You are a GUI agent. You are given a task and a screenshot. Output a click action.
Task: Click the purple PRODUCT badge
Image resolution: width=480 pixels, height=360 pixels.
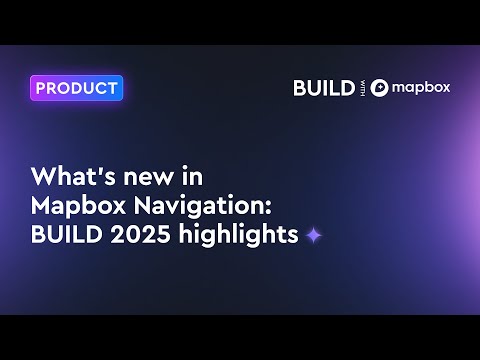click(x=76, y=88)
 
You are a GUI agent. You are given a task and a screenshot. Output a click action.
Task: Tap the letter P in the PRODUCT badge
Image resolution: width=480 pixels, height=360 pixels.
click(x=42, y=88)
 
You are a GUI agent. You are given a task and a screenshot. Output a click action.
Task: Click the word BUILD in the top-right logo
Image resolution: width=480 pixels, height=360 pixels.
click(x=323, y=88)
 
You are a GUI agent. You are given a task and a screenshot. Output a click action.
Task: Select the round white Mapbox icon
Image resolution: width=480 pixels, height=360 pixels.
click(x=379, y=88)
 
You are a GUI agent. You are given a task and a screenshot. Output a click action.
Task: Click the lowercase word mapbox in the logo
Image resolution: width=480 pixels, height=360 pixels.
click(x=421, y=87)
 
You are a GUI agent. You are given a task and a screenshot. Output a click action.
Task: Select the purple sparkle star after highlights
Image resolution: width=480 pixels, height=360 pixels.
click(x=314, y=236)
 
